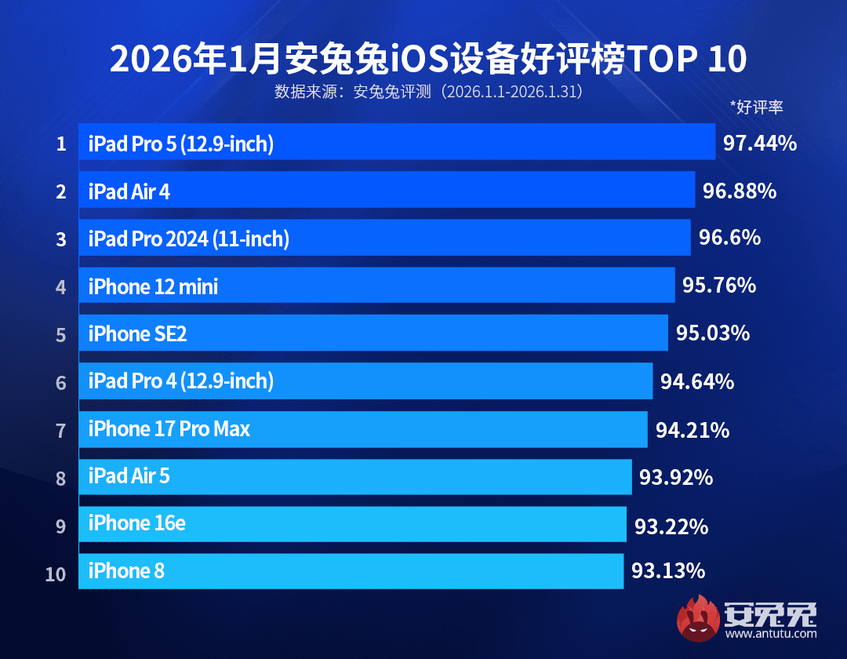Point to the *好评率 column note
(756, 107)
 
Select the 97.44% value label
(759, 143)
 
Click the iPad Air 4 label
(129, 191)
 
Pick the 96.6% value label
(729, 238)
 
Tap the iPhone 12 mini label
(153, 286)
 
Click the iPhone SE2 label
(137, 334)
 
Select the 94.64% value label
(697, 382)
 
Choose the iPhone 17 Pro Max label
(169, 429)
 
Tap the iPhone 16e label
(136, 523)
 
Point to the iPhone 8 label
(126, 571)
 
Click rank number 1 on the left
(60, 144)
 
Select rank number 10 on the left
(56, 573)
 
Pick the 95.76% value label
(718, 286)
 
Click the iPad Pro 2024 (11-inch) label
(188, 238)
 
